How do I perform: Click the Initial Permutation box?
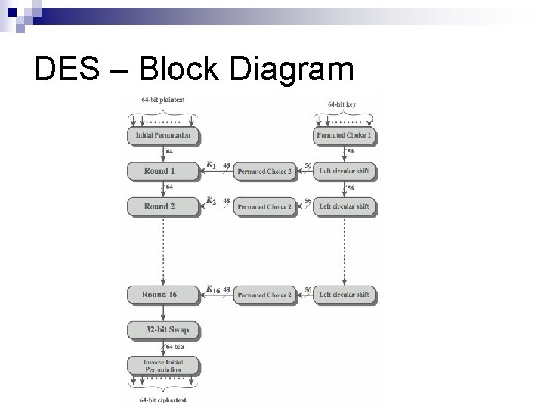(162, 136)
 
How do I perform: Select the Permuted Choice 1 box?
(344, 136)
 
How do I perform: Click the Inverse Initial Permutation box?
(162, 366)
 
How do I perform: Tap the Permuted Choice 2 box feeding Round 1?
(264, 172)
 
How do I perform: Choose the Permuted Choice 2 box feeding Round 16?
(264, 295)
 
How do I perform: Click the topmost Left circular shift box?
(344, 172)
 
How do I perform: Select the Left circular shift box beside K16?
(344, 295)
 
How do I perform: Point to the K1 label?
(212, 165)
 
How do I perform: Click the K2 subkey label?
(212, 200)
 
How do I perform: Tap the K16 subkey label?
(213, 289)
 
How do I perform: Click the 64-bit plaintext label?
(162, 100)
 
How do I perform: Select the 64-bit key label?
(344, 103)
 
